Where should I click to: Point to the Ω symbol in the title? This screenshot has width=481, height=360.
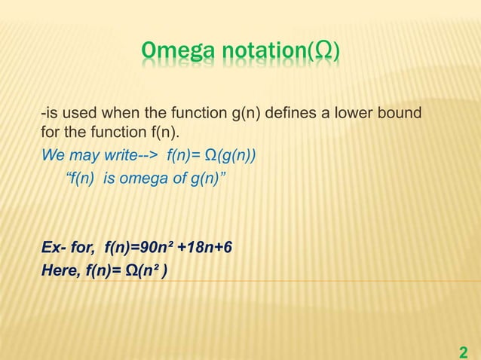pyautogui.click(x=325, y=50)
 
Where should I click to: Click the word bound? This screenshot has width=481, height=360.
pyautogui.click(x=403, y=114)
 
